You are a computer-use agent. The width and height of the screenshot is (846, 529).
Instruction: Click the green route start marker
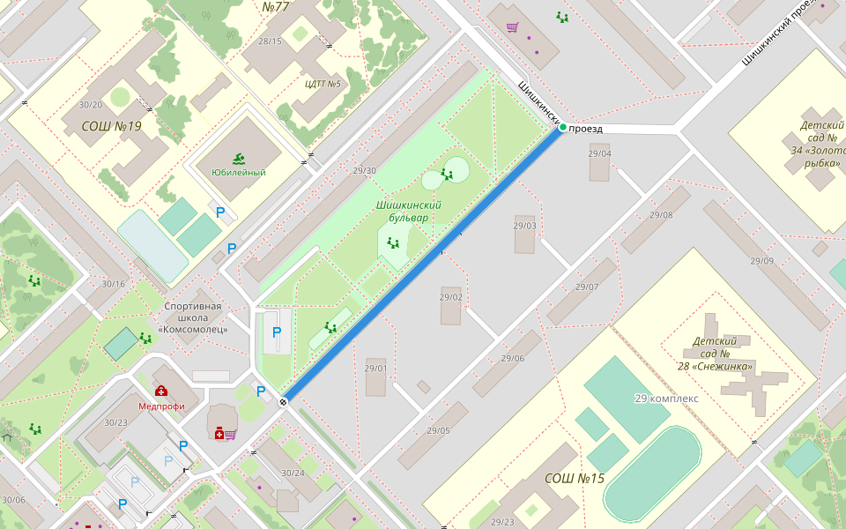(562, 128)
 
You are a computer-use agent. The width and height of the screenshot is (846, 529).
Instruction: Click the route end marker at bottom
(283, 402)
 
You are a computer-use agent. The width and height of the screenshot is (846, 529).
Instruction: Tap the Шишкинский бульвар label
(409, 211)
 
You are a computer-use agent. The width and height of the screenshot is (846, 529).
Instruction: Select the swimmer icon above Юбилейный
(239, 159)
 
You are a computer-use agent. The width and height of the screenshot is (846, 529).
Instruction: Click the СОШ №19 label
(111, 126)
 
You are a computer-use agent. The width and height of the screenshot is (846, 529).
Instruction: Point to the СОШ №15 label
(575, 479)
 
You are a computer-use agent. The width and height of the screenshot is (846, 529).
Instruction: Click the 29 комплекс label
(666, 399)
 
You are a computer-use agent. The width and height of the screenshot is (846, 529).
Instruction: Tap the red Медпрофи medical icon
(161, 391)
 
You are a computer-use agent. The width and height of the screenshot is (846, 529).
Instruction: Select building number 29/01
(376, 369)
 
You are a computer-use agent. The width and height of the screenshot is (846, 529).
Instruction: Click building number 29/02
(451, 297)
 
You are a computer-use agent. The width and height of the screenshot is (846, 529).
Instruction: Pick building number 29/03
(524, 226)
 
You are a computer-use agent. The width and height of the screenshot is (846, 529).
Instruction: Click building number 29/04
(599, 153)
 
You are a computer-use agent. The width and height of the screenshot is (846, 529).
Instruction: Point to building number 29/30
(364, 171)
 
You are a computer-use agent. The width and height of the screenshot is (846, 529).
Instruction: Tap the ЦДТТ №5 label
(323, 85)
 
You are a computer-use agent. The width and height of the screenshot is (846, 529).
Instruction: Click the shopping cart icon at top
(512, 26)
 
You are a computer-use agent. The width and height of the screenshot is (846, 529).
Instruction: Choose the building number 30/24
(293, 473)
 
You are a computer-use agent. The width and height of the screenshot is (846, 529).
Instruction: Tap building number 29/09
(762, 261)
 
